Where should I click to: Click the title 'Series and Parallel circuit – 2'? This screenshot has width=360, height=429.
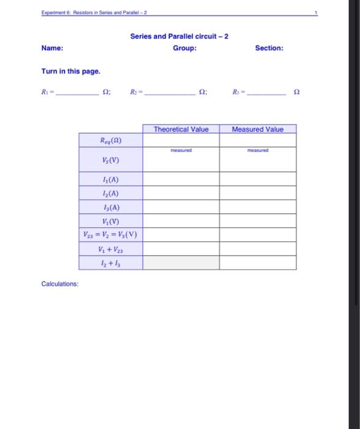point(179,36)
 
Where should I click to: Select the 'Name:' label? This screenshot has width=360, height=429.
point(52,48)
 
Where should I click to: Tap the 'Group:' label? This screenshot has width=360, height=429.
point(185,48)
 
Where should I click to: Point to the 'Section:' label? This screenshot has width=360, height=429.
point(269,48)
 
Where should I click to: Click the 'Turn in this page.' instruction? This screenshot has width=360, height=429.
point(71,71)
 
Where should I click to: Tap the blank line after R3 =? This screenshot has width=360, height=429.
point(266,93)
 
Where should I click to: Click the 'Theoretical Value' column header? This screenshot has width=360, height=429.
point(181,129)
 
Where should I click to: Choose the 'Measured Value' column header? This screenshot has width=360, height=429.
point(258,129)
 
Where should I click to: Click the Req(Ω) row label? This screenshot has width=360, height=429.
point(110,140)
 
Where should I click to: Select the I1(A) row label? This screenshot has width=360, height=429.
point(110,179)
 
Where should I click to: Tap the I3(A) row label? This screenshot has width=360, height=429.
point(110,207)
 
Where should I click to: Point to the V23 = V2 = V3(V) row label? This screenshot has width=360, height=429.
point(110,235)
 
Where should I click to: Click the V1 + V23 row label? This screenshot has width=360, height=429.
point(110,249)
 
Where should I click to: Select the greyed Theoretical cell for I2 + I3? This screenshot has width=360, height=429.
point(181,263)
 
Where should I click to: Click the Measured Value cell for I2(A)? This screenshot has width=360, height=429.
point(258,193)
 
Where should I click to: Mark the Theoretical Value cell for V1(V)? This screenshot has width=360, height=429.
point(181,221)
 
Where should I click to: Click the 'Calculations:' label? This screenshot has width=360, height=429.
point(60,284)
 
